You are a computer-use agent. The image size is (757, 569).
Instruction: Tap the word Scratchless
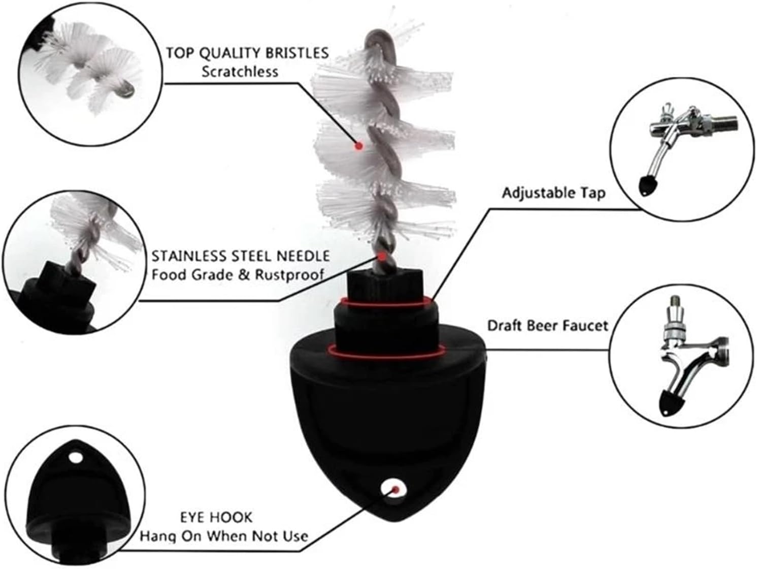tap(240, 72)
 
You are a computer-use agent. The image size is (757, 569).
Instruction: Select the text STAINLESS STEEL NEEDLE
tap(240, 256)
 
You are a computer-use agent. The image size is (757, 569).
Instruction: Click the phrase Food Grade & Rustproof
tap(238, 275)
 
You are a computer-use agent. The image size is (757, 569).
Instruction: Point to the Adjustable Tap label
tap(553, 193)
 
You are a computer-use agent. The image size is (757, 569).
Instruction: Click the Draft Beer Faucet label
tap(547, 325)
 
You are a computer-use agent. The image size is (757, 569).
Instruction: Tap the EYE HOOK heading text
tap(216, 517)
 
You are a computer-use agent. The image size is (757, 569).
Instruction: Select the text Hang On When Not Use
tap(224, 536)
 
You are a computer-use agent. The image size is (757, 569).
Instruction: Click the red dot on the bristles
tap(358, 146)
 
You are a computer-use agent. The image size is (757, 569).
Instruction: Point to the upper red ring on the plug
tap(387, 302)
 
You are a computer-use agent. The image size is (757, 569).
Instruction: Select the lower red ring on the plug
tap(387, 349)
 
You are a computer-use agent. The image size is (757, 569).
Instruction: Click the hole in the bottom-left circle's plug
tap(76, 458)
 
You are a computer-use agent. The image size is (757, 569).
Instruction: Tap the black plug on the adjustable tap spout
tap(646, 185)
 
